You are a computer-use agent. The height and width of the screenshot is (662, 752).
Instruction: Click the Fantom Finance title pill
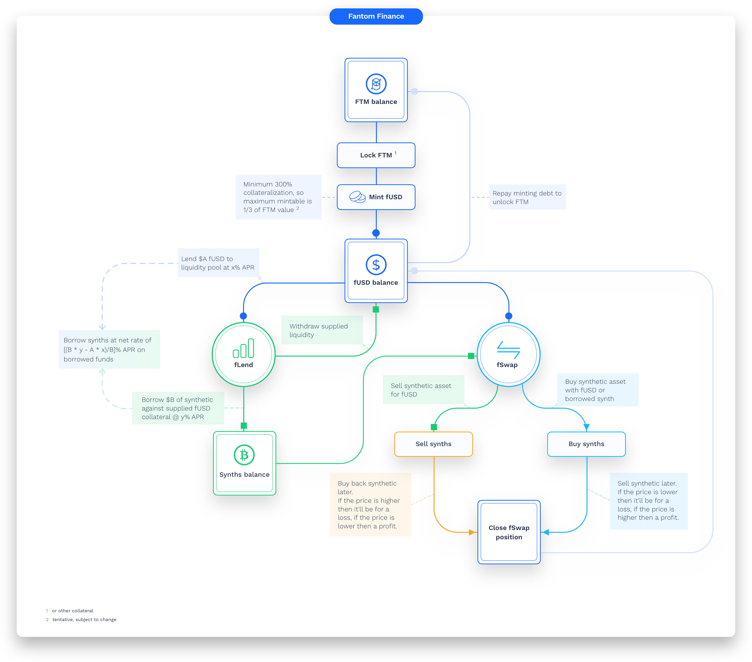coord(376,17)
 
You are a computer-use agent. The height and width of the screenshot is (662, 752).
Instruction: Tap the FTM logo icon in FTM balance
coord(376,84)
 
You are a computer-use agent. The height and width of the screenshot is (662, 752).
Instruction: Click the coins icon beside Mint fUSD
coord(357,197)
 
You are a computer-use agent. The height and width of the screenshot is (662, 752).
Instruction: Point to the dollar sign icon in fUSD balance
coord(376,265)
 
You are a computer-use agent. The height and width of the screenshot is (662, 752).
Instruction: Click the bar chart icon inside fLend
coord(244,348)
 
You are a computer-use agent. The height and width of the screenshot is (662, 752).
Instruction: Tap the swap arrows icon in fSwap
coord(508,350)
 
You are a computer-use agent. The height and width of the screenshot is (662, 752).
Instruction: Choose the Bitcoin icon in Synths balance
coord(244,455)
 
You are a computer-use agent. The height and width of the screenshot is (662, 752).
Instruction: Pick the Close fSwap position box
coord(509,532)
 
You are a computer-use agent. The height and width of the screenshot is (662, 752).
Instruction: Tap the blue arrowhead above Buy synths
coord(587,427)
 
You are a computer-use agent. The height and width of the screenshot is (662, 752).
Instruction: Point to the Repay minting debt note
coord(527,198)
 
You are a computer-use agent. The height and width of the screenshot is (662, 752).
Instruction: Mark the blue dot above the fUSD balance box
coord(376,233)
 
